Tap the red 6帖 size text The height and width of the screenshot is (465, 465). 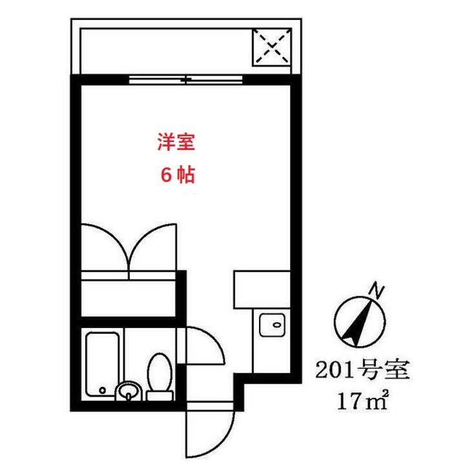175,174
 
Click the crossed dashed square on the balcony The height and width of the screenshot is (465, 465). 271,46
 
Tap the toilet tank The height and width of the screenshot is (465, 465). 159,394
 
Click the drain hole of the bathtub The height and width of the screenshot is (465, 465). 103,389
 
